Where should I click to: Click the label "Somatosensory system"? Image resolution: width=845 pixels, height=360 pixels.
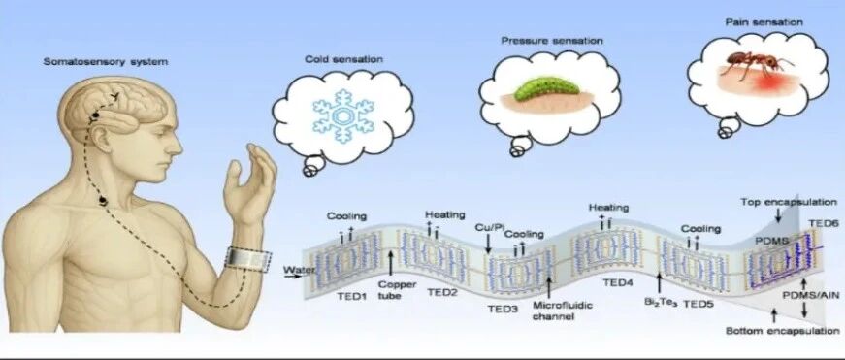tap(106, 62)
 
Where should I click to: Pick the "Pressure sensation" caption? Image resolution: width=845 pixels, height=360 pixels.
tap(552, 41)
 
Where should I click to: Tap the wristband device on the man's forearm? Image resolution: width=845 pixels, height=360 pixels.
tap(248, 259)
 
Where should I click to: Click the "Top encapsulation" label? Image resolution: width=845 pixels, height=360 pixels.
tap(789, 202)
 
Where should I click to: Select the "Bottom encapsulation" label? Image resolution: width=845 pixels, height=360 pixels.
tap(783, 330)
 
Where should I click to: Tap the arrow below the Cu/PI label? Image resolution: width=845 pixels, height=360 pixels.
tap(488, 245)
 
